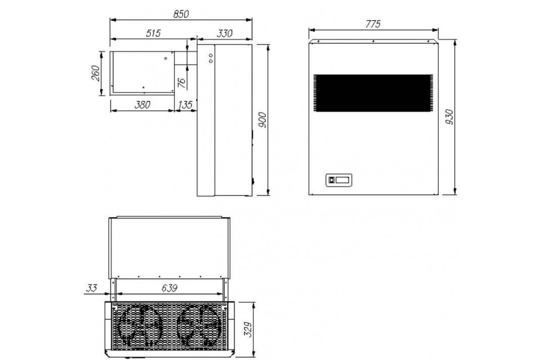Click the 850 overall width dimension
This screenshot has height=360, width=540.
click(181, 14)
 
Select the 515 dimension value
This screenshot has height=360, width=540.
click(153, 33)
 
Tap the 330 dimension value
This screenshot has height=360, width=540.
click(225, 33)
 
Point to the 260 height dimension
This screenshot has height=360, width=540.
click(96, 73)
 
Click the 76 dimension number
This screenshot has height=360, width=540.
click(182, 83)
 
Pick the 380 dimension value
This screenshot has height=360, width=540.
click(142, 105)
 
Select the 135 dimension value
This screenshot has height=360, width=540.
click(185, 105)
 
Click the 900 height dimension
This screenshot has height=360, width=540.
click(262, 120)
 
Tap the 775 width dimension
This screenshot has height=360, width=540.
click(373, 24)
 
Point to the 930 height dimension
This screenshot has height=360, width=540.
click(450, 117)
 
